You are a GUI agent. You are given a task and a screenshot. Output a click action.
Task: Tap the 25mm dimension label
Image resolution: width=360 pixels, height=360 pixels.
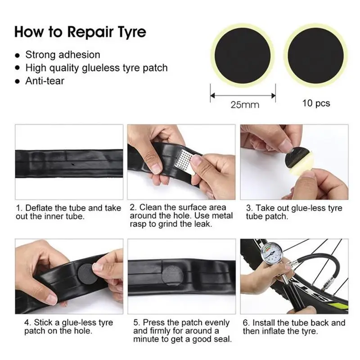(x=245, y=105)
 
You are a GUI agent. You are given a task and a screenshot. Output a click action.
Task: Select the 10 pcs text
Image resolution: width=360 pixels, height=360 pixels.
(x=316, y=103)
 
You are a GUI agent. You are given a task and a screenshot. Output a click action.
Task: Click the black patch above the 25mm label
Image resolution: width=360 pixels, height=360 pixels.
(x=243, y=56)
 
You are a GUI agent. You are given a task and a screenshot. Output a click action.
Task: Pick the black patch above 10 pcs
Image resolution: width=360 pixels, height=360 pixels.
(x=316, y=56)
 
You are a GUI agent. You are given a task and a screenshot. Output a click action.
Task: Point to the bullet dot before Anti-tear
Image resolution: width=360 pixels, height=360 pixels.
(x=17, y=81)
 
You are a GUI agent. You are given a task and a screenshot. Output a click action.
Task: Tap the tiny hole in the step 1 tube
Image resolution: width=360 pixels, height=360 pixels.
(x=73, y=164)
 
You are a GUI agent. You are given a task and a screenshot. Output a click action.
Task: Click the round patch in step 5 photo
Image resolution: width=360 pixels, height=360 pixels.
(x=173, y=275)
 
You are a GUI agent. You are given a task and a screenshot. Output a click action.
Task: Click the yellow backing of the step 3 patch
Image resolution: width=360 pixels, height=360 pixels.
(x=300, y=165)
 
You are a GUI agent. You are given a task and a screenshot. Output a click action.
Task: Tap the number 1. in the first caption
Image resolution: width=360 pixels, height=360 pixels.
(x=19, y=208)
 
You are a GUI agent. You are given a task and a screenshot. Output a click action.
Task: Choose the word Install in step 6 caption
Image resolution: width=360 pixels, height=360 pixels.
(x=264, y=323)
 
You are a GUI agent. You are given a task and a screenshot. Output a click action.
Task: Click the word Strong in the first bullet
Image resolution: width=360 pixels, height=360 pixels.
(x=40, y=55)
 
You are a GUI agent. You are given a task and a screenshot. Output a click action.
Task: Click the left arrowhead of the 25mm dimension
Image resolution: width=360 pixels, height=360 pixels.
(x=212, y=95)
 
